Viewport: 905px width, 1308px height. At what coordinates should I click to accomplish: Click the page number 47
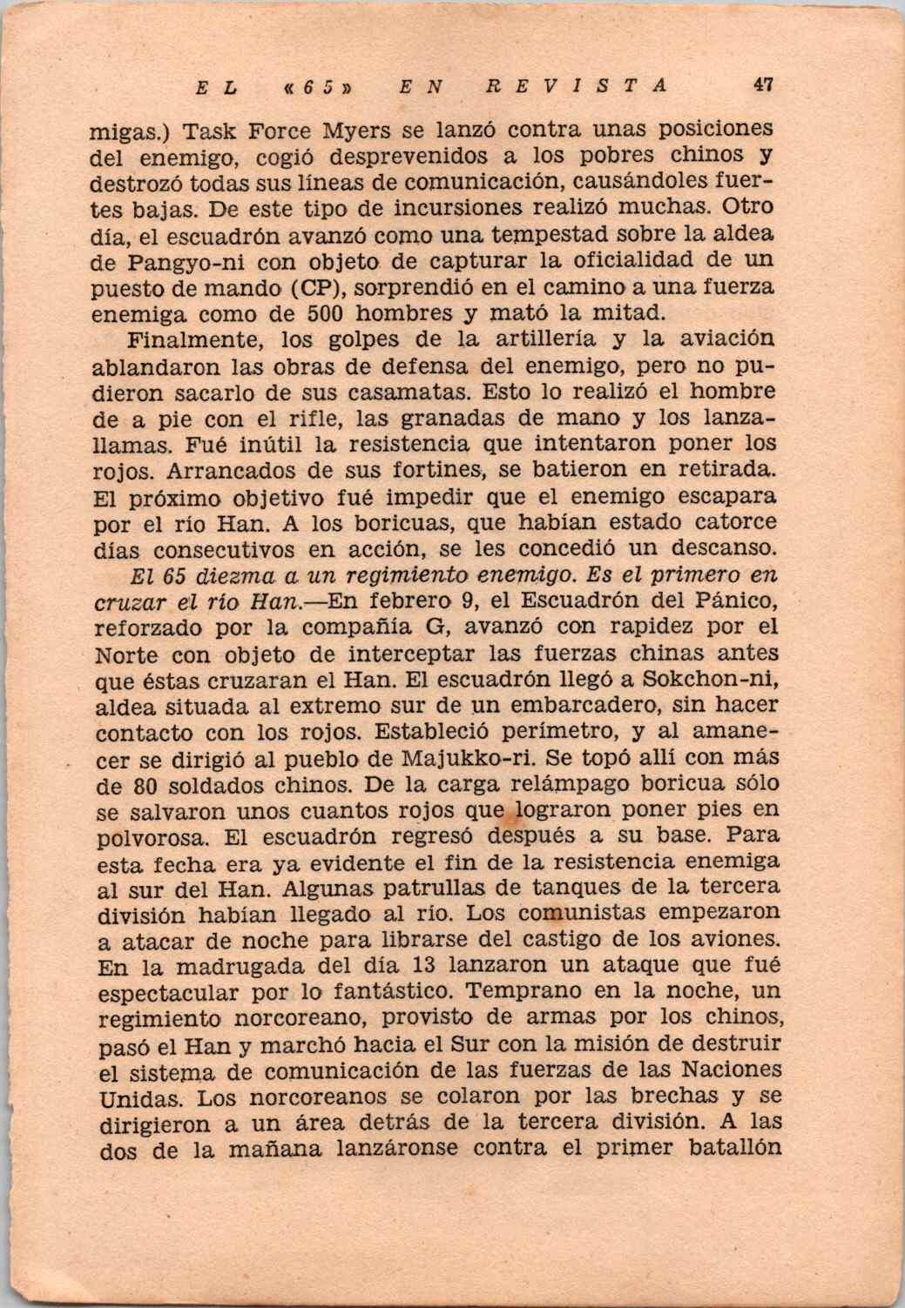point(764,85)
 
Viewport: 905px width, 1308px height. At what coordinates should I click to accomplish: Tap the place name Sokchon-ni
point(704,679)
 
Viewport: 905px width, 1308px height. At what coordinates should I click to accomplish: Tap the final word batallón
point(733,1148)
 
